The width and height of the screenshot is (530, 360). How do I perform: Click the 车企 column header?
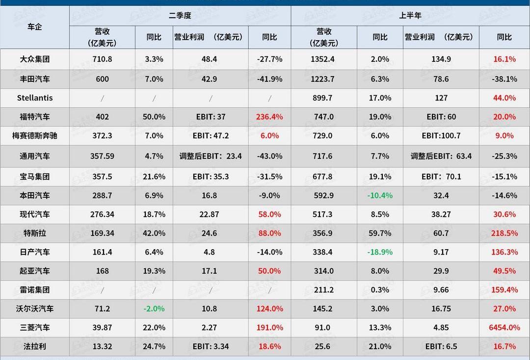[x=35, y=27]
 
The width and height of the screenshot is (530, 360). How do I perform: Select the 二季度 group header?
[x=180, y=15]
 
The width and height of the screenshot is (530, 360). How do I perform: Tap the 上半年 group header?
[x=410, y=15]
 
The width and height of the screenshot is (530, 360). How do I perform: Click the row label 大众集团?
[x=35, y=59]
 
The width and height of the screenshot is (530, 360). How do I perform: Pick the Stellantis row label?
[x=35, y=98]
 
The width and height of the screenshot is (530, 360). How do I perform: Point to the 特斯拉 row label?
[x=35, y=233]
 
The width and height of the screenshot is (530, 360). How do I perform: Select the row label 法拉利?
[x=35, y=346]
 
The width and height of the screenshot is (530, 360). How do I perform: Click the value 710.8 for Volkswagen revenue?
[x=102, y=59]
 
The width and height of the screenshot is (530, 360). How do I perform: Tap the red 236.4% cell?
[x=269, y=117]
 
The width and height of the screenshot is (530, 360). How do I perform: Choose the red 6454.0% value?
[x=504, y=327]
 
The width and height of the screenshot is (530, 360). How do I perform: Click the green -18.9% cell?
[x=380, y=252]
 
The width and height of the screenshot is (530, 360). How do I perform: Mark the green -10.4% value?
[x=380, y=195]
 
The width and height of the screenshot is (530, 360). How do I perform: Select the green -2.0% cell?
[x=154, y=309]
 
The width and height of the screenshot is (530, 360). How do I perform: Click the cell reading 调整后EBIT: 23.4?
[x=211, y=156]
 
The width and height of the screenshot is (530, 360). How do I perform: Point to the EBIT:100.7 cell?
[x=441, y=135]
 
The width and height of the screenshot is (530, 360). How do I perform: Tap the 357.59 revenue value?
[x=102, y=156]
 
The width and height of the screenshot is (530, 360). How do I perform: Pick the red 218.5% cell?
[x=504, y=233]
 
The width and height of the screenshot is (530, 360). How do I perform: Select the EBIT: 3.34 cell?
[x=211, y=346]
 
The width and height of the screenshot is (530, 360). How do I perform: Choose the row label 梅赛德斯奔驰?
[x=35, y=135]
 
